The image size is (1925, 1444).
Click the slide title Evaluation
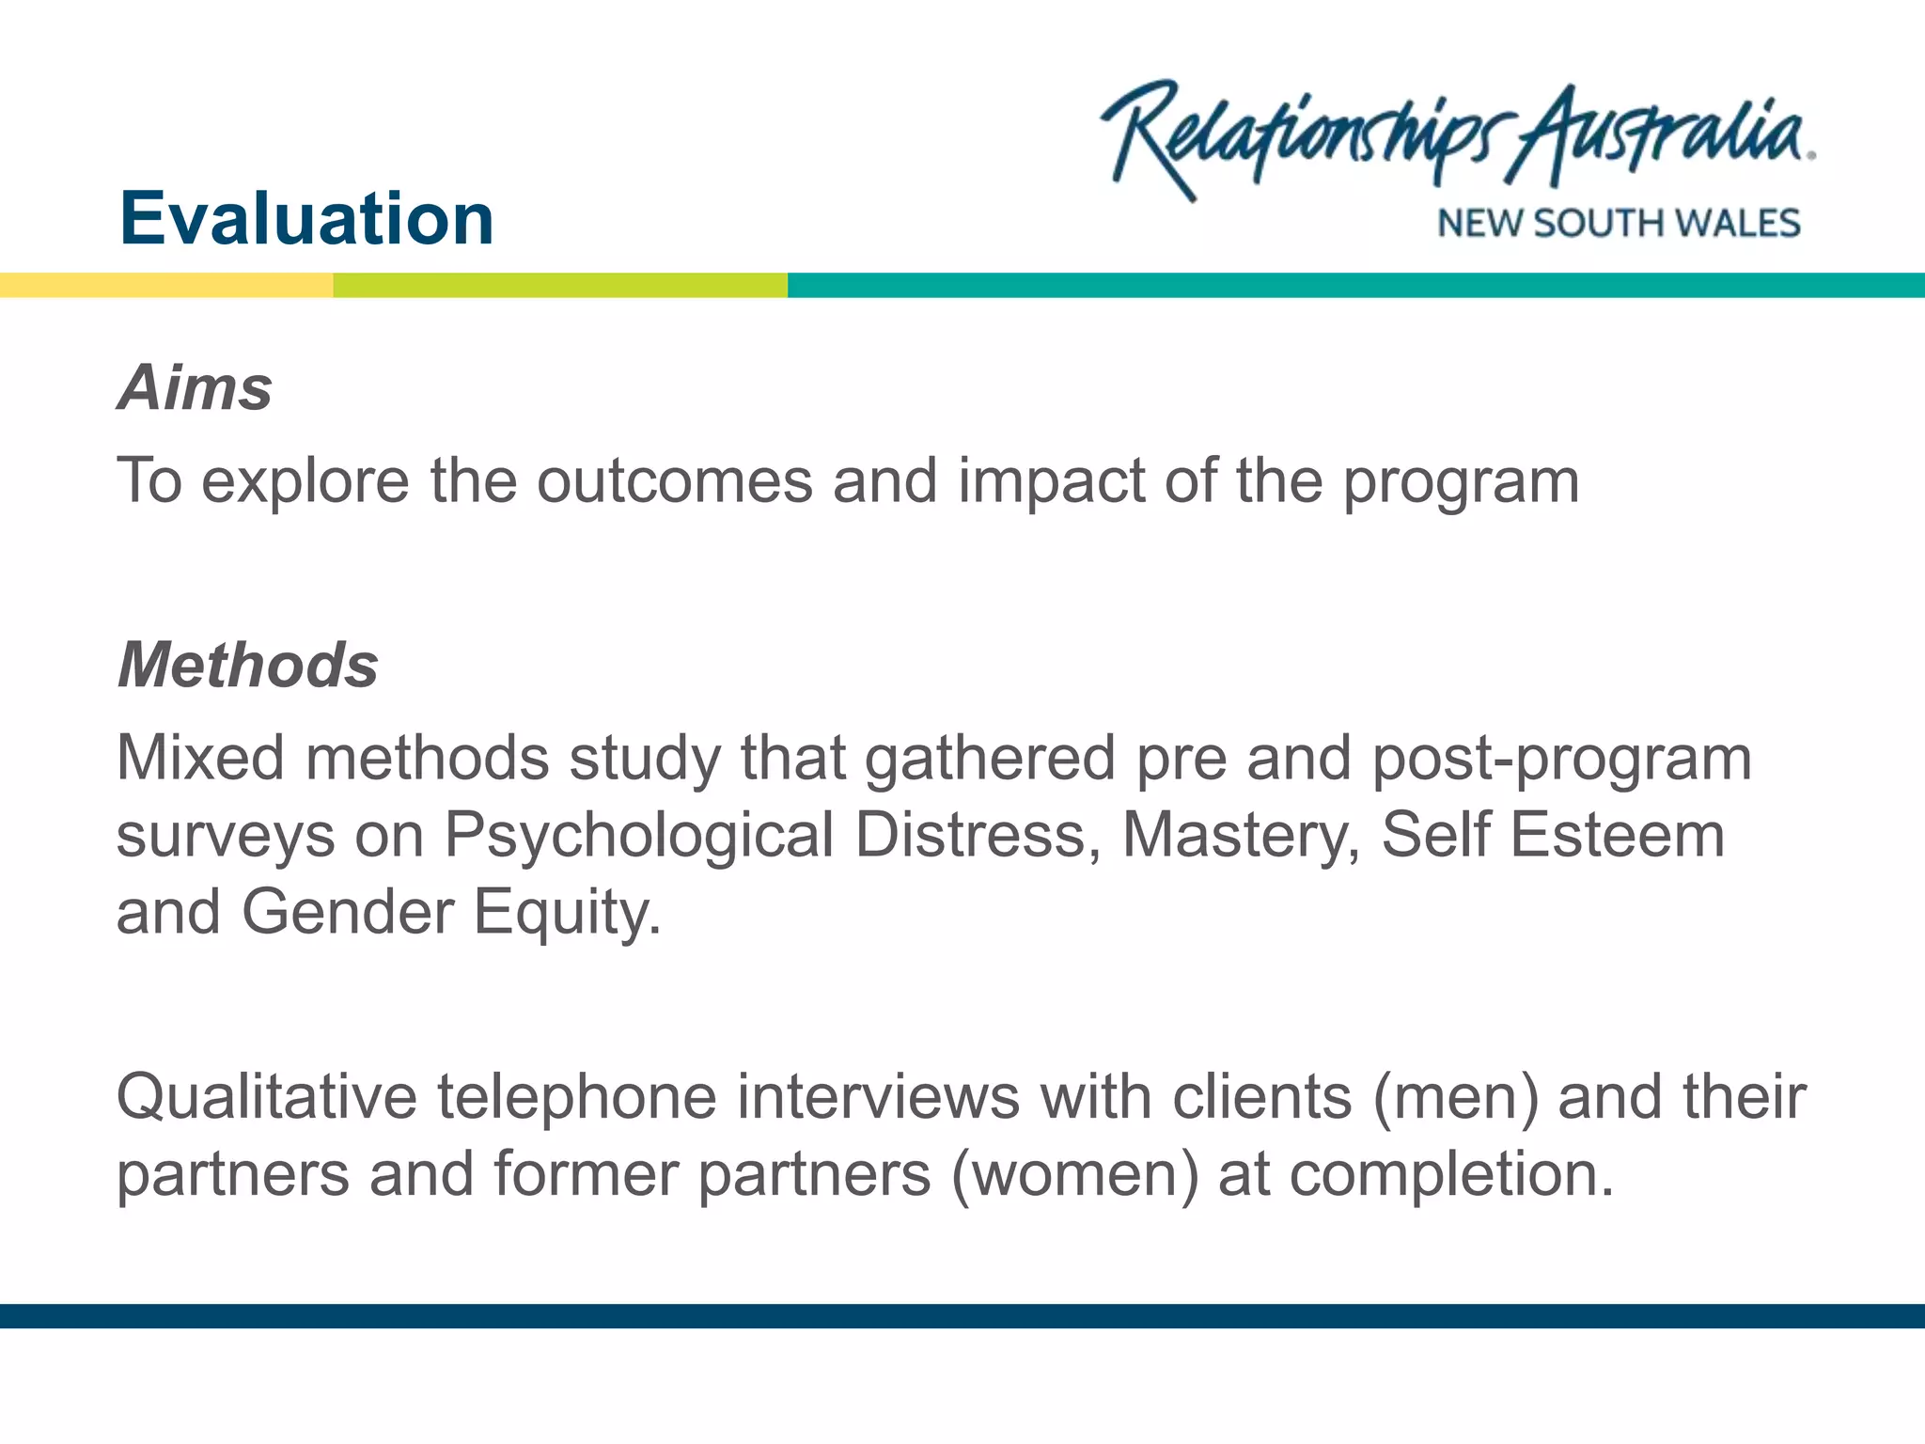click(306, 218)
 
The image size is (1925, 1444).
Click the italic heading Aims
click(196, 387)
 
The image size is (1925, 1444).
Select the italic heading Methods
click(248, 665)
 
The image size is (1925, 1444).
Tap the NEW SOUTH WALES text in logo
click(1619, 224)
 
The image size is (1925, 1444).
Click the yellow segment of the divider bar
click(166, 285)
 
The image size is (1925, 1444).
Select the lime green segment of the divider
click(560, 285)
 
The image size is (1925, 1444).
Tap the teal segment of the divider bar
click(1355, 285)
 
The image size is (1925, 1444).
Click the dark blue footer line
click(962, 1315)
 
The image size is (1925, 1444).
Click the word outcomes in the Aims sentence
click(674, 480)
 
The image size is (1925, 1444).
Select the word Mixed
click(200, 757)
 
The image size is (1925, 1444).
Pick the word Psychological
click(639, 836)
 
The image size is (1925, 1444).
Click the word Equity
click(566, 913)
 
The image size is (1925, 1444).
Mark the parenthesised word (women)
click(1075, 1175)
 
